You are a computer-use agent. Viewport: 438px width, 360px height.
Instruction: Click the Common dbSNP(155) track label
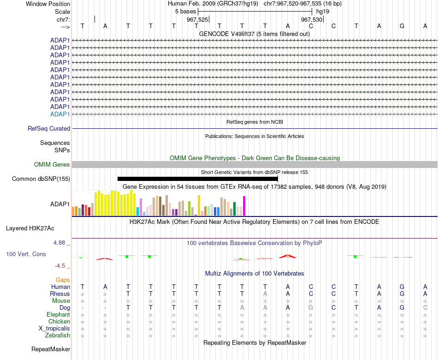[x=41, y=179]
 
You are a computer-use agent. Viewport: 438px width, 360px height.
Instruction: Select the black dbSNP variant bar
[x=198, y=179]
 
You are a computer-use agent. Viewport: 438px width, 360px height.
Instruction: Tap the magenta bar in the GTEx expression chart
[x=244, y=206]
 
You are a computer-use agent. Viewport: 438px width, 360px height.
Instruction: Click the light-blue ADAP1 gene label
[x=60, y=114]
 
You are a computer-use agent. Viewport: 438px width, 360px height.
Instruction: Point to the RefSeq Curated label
[x=49, y=128]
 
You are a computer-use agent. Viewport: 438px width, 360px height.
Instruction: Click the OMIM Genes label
[x=52, y=164]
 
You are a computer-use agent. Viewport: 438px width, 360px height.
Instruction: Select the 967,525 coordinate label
[x=197, y=19]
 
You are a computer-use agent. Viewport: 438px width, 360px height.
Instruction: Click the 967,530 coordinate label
[x=312, y=19]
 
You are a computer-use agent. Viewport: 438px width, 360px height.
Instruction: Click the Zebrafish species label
[x=58, y=335]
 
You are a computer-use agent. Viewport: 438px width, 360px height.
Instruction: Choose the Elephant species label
[x=58, y=314]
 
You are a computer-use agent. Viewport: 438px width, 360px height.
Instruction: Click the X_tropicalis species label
[x=54, y=329]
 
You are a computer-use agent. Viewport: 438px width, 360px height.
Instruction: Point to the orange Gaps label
[x=63, y=280]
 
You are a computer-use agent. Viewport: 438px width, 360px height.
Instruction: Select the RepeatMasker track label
[x=51, y=349]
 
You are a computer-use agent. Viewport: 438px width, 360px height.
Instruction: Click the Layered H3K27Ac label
[x=30, y=228]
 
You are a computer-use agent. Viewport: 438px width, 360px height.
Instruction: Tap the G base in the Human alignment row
[x=402, y=287]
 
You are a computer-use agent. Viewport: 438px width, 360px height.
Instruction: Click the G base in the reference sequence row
[x=402, y=26]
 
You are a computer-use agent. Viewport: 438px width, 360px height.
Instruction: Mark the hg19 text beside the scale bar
[x=323, y=12]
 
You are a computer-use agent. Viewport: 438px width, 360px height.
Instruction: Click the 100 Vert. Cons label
[x=26, y=254]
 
